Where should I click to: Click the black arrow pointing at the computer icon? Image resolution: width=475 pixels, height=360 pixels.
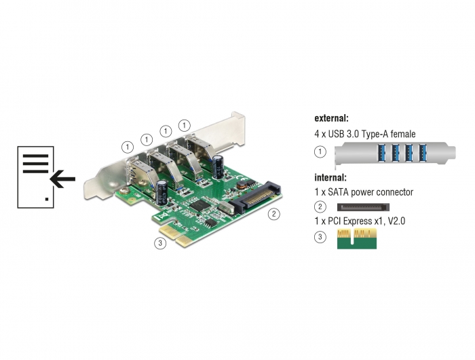pyautogui.click(x=62, y=179)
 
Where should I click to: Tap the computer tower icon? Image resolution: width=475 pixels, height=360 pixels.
pyautogui.click(x=36, y=177)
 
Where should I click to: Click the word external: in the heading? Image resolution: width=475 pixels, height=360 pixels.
pyautogui.click(x=331, y=118)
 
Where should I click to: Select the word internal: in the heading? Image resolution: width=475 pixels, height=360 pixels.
pyautogui.click(x=330, y=177)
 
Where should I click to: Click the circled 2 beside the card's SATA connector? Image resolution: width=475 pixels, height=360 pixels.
pyautogui.click(x=274, y=214)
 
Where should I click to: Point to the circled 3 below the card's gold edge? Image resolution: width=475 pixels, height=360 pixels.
pyautogui.click(x=160, y=242)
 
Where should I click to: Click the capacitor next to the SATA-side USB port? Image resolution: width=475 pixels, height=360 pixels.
pyautogui.click(x=218, y=167)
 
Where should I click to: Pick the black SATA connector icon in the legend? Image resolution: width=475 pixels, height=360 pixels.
pyautogui.click(x=363, y=207)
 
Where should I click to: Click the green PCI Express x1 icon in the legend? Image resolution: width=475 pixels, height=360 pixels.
pyautogui.click(x=357, y=239)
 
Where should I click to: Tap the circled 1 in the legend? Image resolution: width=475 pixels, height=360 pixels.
pyautogui.click(x=320, y=151)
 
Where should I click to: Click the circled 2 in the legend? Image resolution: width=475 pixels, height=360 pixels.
pyautogui.click(x=320, y=207)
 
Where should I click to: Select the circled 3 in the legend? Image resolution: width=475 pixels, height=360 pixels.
pyautogui.click(x=320, y=236)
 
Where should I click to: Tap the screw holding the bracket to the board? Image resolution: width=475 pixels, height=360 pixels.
pyautogui.click(x=123, y=191)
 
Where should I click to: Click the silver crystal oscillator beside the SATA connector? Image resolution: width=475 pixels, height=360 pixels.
pyautogui.click(x=226, y=209)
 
